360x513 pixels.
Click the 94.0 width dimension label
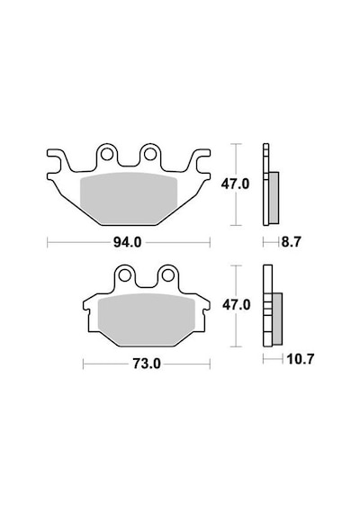pos(128,242)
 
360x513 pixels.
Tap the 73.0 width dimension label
pos(147,364)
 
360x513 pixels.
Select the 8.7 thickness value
pos(291,242)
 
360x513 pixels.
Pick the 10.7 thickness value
pos(300,359)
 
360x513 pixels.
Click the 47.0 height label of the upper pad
pos(235,184)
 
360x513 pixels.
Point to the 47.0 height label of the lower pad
pos(237,305)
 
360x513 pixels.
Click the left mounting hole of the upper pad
pos(106,154)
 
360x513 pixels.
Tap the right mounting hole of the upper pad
pos(150,154)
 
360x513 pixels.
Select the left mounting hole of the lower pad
pos(124,275)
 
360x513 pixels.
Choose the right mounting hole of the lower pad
pos(168,275)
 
